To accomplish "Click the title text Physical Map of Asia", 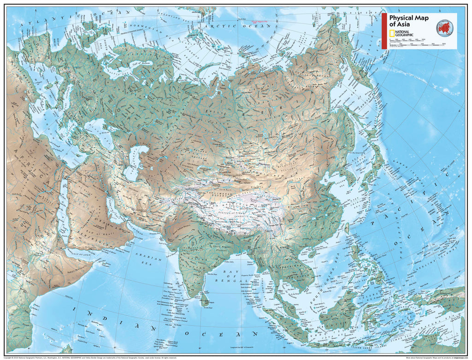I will [409, 21].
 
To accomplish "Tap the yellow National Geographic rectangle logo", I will [392, 34].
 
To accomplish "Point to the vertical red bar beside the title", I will [384, 30].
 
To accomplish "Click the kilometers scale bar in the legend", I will [417, 42].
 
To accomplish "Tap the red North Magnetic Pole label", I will [258, 21].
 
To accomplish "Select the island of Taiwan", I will [347, 228].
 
